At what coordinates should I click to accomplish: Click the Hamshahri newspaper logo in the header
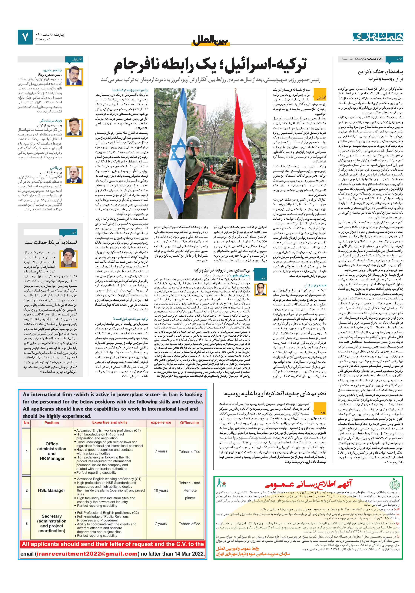(378, 37)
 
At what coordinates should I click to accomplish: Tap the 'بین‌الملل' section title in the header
(211, 41)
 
